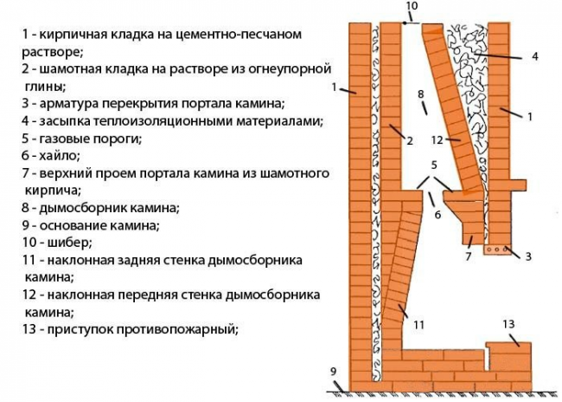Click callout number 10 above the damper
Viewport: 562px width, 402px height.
412,6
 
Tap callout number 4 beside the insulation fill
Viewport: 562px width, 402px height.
534,56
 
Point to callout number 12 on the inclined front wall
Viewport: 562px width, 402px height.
437,139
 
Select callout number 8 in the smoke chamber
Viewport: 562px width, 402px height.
421,94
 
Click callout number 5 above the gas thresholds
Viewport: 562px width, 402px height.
434,165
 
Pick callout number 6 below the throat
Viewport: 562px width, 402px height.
437,215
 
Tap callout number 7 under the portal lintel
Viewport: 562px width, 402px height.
468,256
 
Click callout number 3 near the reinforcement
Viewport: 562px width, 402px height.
528,256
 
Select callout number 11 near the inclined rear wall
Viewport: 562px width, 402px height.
419,325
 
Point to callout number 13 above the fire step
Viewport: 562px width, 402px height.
508,324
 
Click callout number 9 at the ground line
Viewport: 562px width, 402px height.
334,371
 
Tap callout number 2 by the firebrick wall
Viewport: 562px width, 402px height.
410,140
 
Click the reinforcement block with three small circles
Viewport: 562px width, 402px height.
497,250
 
